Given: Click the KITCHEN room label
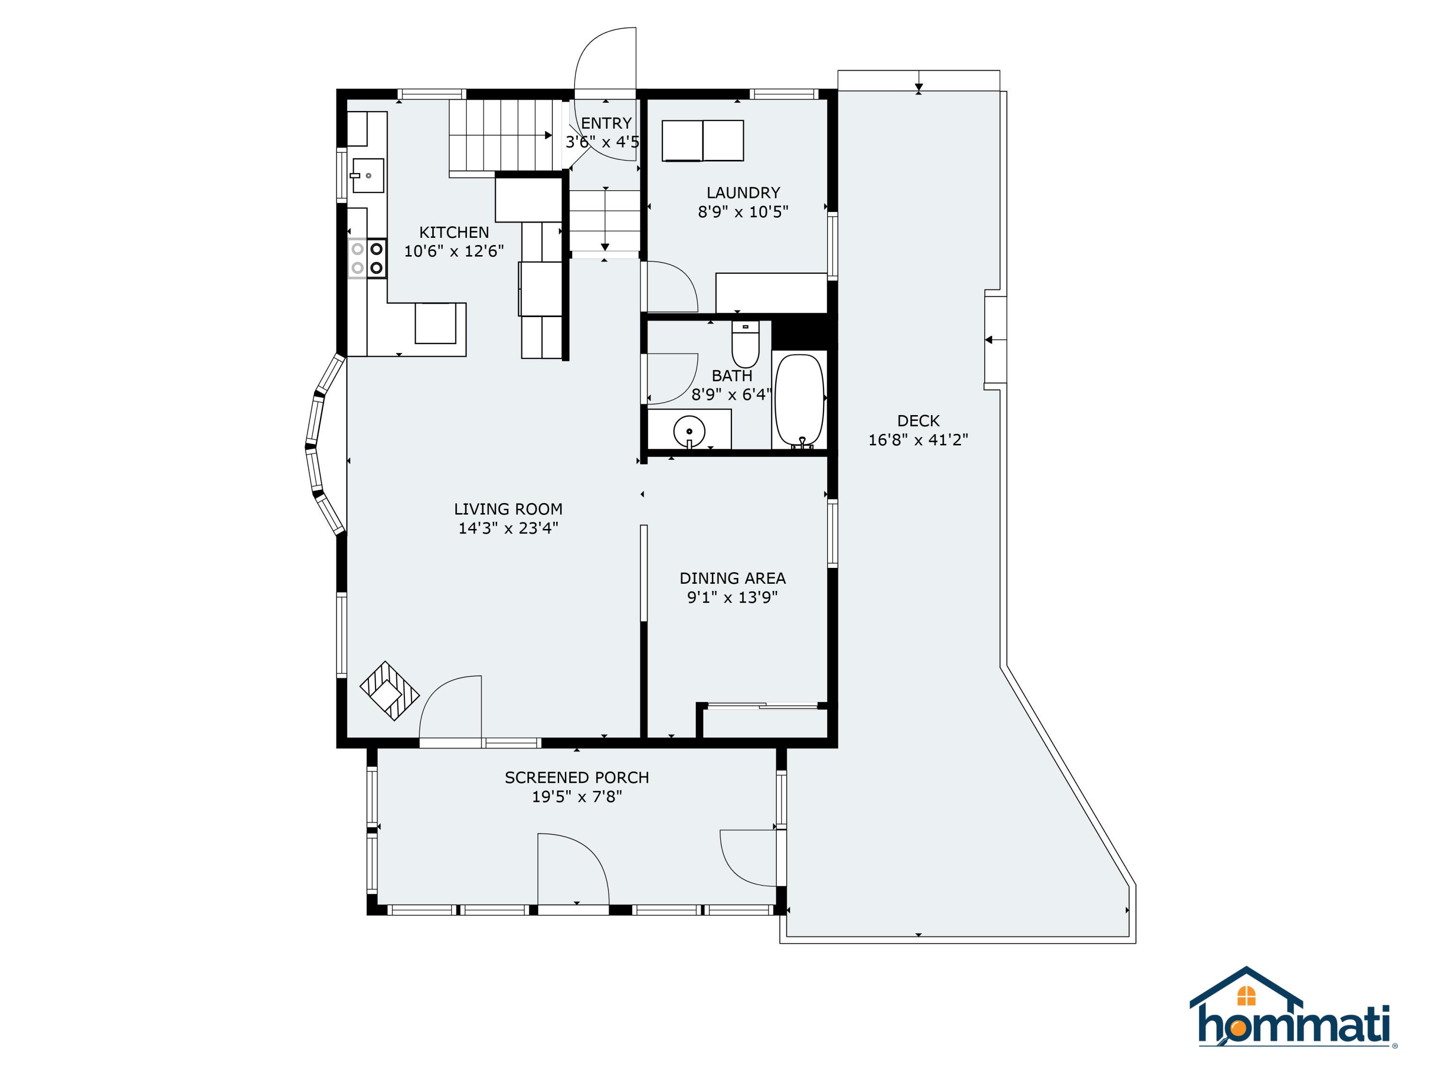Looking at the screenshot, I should (x=453, y=233).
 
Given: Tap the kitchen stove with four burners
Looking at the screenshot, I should (x=367, y=258).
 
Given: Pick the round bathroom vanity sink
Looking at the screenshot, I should (x=689, y=430).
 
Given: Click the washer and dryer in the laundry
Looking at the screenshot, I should (x=702, y=140).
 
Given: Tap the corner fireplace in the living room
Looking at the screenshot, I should (x=389, y=691).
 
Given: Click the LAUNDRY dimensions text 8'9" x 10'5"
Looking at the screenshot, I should (x=743, y=212).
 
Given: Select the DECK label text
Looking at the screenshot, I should (x=918, y=421).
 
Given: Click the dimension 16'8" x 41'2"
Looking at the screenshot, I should (x=918, y=440).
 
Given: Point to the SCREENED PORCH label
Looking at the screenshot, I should (x=576, y=777).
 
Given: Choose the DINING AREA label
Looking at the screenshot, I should (x=732, y=578).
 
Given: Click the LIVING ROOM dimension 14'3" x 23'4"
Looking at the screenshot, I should (x=508, y=528).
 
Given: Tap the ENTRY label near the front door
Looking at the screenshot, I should (x=606, y=123).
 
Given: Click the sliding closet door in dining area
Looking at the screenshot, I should (x=762, y=705).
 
